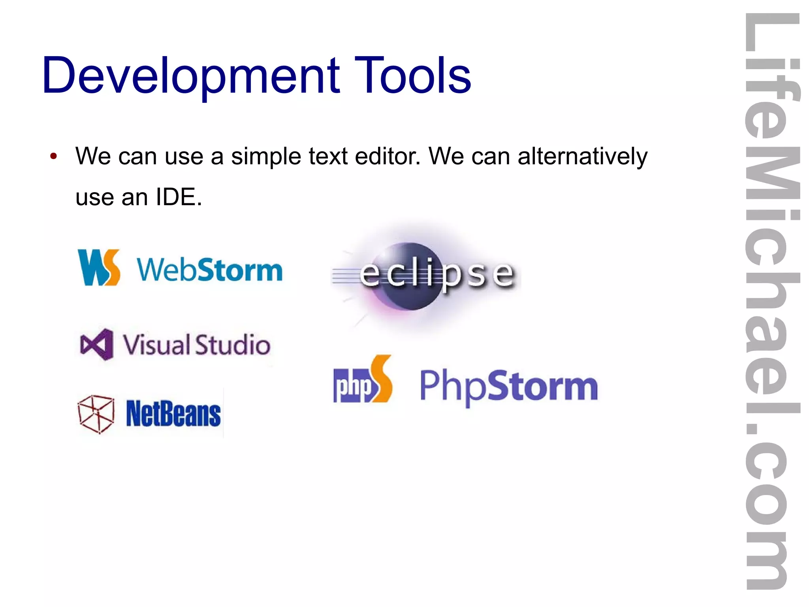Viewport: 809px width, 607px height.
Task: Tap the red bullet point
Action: tap(54, 156)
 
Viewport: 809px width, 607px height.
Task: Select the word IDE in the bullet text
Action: tap(178, 197)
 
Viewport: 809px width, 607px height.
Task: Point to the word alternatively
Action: tap(582, 157)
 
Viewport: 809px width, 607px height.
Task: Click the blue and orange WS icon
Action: tap(99, 267)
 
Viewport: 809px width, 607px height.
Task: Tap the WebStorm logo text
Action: tap(210, 270)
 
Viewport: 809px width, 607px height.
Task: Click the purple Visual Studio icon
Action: tap(96, 344)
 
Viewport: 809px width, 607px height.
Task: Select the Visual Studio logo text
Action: tap(196, 344)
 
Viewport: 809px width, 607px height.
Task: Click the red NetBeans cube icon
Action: tap(96, 414)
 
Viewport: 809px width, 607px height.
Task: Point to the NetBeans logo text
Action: tap(173, 414)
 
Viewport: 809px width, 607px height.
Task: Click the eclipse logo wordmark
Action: tap(436, 274)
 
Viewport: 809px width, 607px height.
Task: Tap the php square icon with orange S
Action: tap(362, 380)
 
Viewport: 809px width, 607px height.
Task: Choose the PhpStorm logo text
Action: tap(508, 386)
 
